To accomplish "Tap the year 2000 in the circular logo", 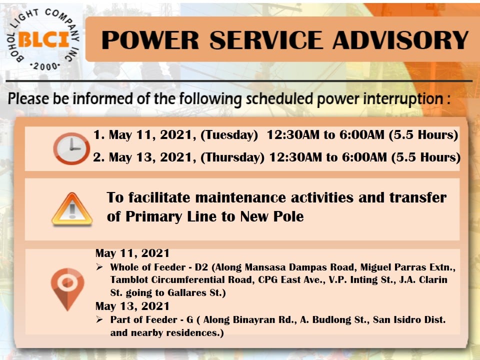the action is [x=45, y=66].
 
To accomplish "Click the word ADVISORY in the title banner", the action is [x=400, y=40].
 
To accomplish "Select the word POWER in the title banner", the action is [x=150, y=40].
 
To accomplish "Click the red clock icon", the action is [x=71, y=148].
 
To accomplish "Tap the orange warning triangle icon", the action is [x=72, y=209].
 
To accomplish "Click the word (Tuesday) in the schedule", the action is [x=229, y=135].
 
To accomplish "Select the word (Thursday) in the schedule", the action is [x=232, y=157].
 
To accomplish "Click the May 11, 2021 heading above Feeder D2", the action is [x=132, y=253].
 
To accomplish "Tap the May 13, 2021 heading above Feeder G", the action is [x=132, y=306].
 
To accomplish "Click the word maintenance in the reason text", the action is [x=239, y=197].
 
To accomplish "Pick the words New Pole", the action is [x=272, y=216].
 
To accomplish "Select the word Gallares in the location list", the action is [x=187, y=293].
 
